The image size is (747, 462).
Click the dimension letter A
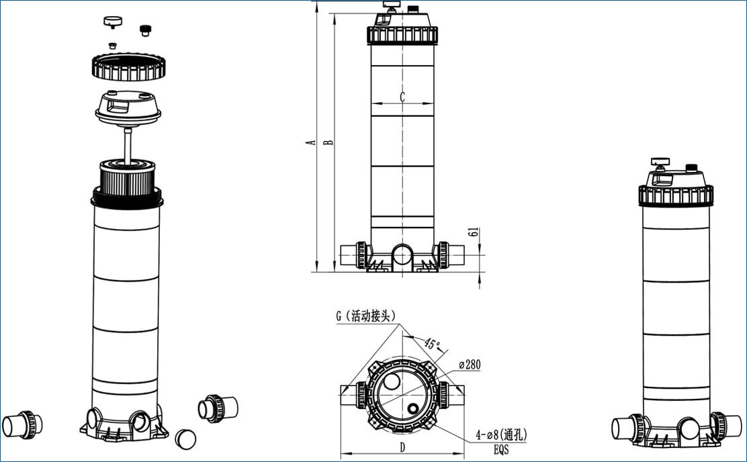(x=312, y=142)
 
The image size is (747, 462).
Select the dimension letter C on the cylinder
(x=402, y=97)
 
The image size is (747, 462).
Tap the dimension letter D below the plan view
(x=402, y=447)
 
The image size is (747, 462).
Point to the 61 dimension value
(x=473, y=232)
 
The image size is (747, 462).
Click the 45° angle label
(x=432, y=343)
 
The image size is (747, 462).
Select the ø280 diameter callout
(x=470, y=365)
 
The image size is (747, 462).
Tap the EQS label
(x=501, y=449)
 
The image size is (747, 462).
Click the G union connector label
(x=366, y=316)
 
